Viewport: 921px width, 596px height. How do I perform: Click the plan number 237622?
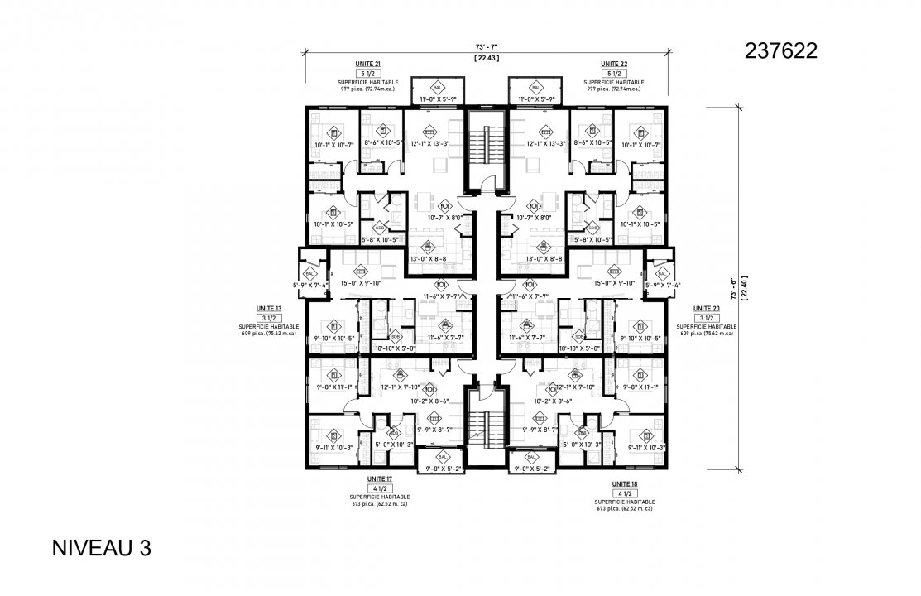pos(781,51)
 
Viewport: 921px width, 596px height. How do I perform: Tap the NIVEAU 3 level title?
pos(102,548)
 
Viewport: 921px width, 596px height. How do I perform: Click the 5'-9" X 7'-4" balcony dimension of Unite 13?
pos(311,286)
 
